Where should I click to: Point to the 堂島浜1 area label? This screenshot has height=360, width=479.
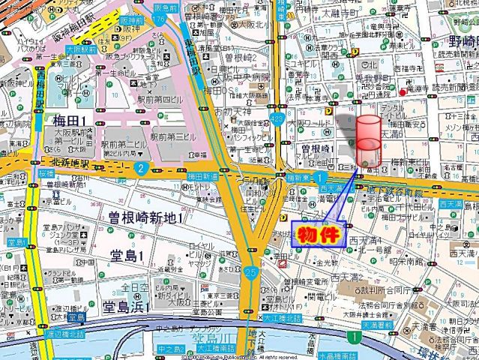pyautogui.click(x=125, y=306)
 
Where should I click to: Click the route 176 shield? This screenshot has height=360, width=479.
pyautogui.click(x=159, y=32)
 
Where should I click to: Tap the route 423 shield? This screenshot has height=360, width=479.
pyautogui.click(x=279, y=119)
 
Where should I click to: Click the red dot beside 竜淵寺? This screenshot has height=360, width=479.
pyautogui.click(x=403, y=92)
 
